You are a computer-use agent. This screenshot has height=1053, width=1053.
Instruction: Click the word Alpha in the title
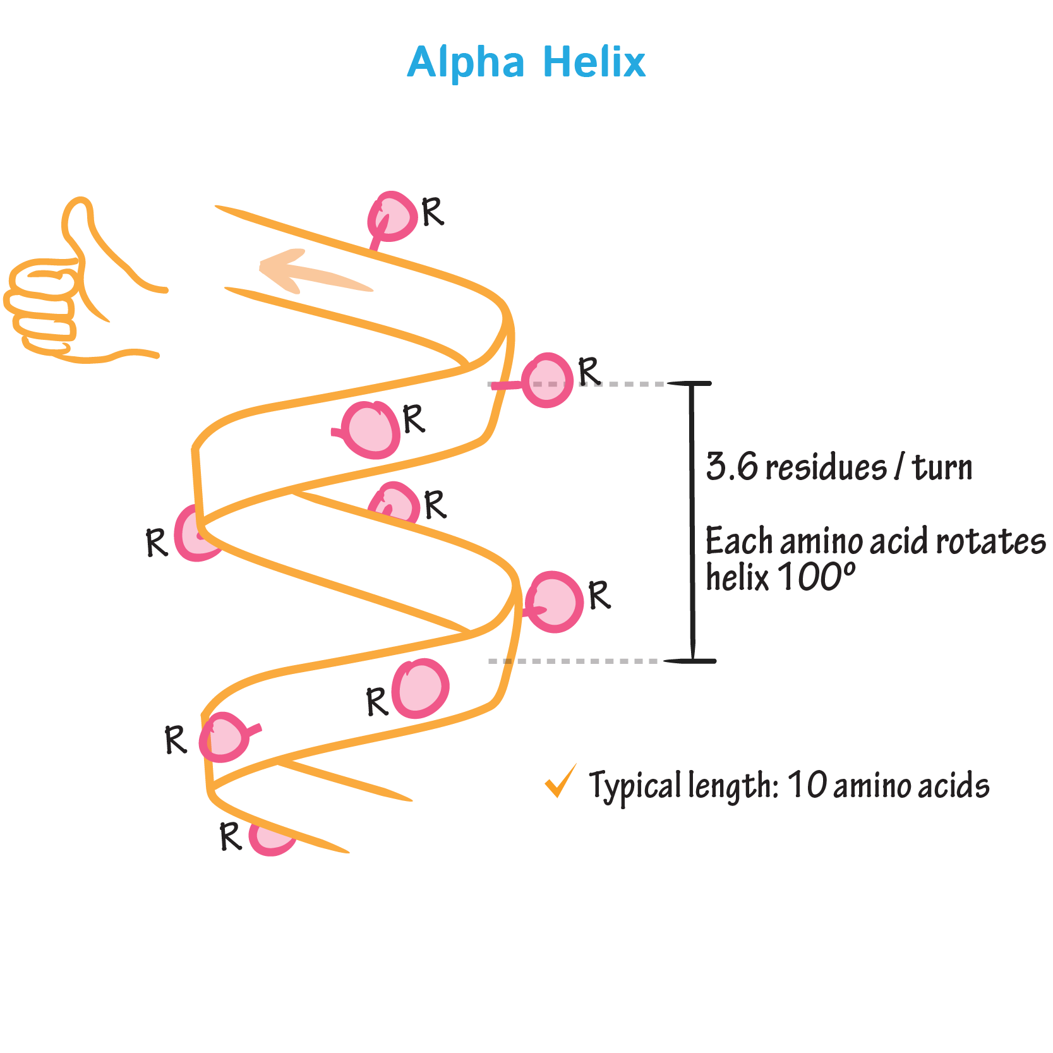pyautogui.click(x=466, y=63)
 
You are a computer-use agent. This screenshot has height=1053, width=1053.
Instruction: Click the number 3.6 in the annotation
pyautogui.click(x=731, y=467)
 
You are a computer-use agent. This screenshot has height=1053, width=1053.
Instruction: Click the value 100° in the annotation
pyautogui.click(x=816, y=576)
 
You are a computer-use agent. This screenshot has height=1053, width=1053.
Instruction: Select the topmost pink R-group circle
pyautogui.click(x=393, y=217)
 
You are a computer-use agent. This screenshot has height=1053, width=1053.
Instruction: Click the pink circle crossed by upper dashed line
pyautogui.click(x=548, y=380)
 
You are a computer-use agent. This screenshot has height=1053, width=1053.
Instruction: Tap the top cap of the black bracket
pyautogui.click(x=690, y=383)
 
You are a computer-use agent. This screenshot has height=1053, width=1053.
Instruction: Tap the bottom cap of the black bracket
pyautogui.click(x=692, y=661)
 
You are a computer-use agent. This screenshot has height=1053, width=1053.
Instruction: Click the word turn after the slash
pyautogui.click(x=942, y=468)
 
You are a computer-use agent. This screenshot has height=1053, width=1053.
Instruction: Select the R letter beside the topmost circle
pyautogui.click(x=433, y=212)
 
